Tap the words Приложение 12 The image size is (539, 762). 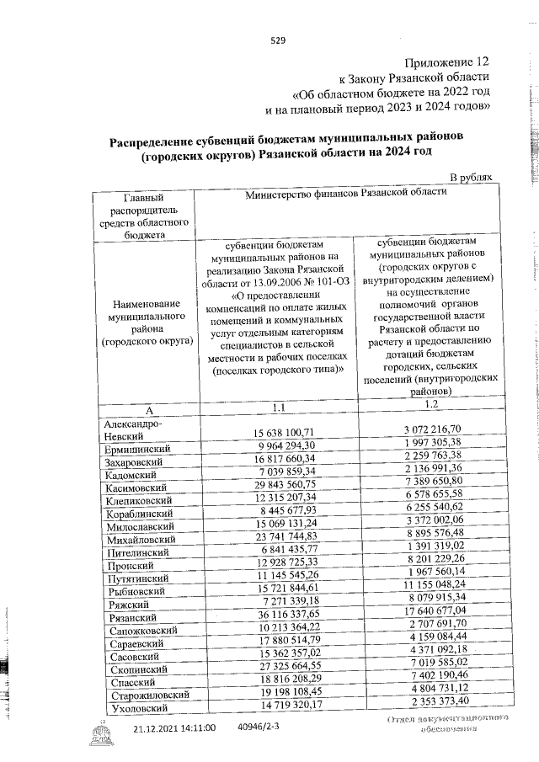[x=446, y=62]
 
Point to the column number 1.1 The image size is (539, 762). [x=279, y=408]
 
